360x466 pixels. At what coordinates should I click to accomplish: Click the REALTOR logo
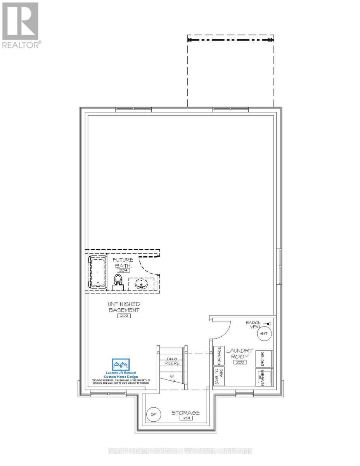(20, 25)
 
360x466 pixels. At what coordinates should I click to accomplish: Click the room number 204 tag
(123, 270)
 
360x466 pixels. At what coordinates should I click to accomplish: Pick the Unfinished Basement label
(124, 307)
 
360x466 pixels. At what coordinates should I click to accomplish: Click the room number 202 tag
(124, 316)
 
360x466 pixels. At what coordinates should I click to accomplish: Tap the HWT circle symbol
(263, 334)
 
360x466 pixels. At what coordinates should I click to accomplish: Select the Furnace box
(219, 355)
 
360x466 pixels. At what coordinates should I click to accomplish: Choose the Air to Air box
(219, 377)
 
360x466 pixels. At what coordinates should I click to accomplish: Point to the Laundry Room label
(240, 353)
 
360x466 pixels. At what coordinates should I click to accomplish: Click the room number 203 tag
(240, 362)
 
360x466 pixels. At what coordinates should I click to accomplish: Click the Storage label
(186, 412)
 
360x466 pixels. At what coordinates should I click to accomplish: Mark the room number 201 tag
(186, 418)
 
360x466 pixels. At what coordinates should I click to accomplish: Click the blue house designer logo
(121, 365)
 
